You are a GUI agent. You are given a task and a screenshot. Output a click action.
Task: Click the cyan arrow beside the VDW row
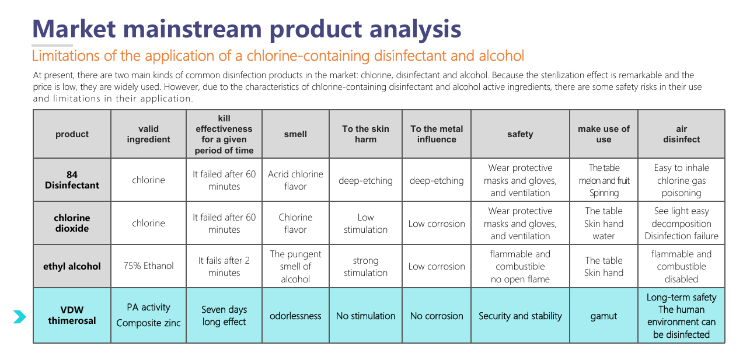(20, 317)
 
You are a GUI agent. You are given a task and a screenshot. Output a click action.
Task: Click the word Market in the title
(74, 29)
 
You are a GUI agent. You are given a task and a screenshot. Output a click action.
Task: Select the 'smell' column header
(295, 134)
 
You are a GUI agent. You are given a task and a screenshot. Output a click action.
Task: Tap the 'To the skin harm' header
(365, 134)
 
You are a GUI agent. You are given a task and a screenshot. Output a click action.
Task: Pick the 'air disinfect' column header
(681, 134)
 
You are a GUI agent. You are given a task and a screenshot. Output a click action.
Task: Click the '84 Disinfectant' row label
(72, 180)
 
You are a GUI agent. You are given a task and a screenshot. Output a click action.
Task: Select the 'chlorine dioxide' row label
(72, 223)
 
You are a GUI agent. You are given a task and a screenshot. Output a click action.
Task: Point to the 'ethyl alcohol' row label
(72, 266)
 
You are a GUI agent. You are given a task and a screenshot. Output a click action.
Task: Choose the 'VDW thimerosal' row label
(72, 315)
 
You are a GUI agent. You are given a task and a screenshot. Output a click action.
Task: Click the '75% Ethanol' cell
(148, 266)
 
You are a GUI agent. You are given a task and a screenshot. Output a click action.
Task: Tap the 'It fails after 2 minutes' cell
(224, 266)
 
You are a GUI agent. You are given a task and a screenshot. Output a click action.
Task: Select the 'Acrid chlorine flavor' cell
(295, 180)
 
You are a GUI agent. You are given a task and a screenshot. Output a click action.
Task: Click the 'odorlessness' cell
(295, 316)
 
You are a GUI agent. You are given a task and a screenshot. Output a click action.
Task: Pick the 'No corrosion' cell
(437, 316)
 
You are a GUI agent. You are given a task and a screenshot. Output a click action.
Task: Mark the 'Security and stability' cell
(520, 316)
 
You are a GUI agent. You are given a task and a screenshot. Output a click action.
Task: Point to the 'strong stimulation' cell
(365, 266)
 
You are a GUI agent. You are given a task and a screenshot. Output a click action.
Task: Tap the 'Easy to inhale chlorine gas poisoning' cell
(681, 180)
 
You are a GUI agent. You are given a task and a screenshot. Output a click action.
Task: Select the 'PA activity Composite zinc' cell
(148, 315)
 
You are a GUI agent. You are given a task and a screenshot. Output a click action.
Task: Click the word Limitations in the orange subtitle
(66, 55)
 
